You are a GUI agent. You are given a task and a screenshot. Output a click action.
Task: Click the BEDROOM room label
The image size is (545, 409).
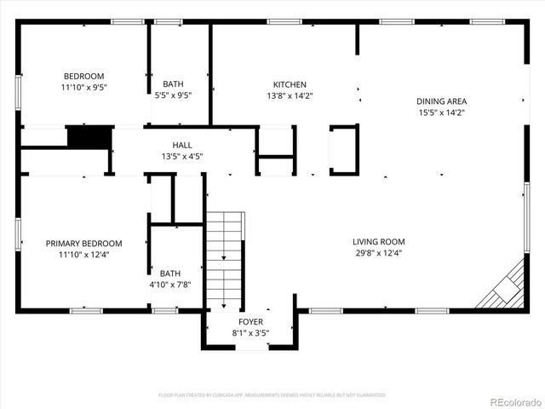coord(83,75)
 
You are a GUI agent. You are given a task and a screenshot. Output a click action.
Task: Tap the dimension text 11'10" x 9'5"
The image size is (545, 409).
coord(83,87)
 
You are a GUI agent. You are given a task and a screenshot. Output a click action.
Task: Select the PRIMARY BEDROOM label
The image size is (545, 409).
coord(83,243)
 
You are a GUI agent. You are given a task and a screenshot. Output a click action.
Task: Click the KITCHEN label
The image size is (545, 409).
coord(290,84)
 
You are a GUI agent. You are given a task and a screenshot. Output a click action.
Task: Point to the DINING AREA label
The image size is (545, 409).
coord(441,101)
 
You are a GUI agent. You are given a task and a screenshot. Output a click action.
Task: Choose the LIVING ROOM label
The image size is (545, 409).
coord(380,241)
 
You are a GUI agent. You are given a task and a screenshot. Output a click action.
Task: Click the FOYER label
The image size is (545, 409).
coord(250,322)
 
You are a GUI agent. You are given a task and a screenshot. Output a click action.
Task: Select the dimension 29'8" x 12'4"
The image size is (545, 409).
coord(380,253)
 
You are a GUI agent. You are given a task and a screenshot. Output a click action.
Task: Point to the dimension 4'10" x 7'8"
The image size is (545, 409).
coord(169,285)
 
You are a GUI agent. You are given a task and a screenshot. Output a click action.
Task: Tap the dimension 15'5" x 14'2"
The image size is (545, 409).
coord(441,112)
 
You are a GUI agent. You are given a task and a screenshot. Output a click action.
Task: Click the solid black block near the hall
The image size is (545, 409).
coord(89,136)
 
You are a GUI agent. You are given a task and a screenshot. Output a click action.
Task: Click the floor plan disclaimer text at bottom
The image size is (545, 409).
coord(272,395)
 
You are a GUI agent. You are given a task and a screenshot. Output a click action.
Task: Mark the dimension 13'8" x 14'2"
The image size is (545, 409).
coord(290,96)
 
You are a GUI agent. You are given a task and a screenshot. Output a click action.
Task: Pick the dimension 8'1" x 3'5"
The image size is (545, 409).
coord(250,333)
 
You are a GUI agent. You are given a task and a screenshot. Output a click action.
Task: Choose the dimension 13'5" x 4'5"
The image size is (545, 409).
coord(182,157)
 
